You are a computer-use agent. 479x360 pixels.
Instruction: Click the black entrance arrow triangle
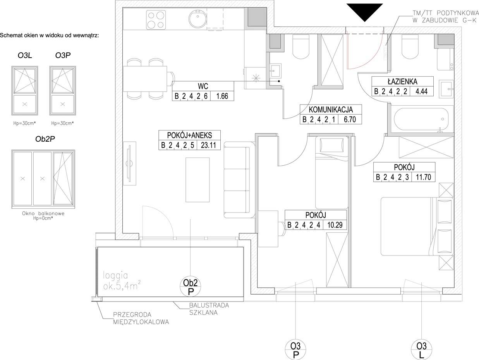[x=365, y=11]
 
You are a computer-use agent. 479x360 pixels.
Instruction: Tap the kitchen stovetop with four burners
[x=156, y=20]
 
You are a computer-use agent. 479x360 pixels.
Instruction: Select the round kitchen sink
[x=198, y=19]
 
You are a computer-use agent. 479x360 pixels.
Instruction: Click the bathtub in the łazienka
[x=421, y=119]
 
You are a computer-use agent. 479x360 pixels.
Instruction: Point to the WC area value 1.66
[x=222, y=96]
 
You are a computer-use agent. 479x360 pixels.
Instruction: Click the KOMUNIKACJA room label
[x=331, y=110]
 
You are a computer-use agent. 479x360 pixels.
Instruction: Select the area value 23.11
[x=208, y=145]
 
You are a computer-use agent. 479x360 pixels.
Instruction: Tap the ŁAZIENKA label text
[x=402, y=82]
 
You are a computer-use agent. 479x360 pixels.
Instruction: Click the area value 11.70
[x=423, y=177]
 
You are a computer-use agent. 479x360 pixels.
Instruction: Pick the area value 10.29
[x=335, y=225]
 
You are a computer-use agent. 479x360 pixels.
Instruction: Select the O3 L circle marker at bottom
[x=422, y=350]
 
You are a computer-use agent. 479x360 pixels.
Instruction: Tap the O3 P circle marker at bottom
[x=295, y=350]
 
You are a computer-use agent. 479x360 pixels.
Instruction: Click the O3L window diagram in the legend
[x=25, y=91]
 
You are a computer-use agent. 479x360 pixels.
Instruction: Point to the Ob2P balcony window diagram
[x=43, y=179]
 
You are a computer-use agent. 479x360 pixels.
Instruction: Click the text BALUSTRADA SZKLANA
[x=209, y=309]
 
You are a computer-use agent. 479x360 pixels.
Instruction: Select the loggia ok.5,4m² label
[x=122, y=281]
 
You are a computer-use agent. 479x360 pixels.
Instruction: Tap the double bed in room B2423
[x=417, y=226]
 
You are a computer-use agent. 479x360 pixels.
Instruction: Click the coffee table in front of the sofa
[x=197, y=180]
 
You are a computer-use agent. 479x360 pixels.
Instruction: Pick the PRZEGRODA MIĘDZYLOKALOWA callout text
[x=141, y=318]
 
